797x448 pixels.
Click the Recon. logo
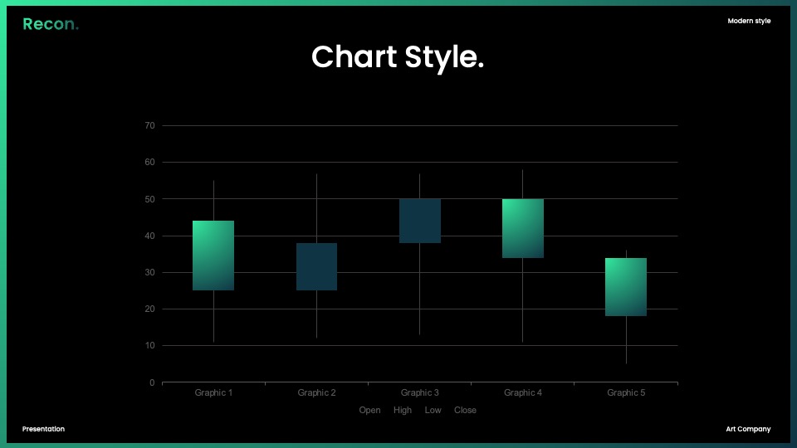51,24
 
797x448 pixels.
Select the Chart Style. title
398,57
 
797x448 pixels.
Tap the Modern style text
749,21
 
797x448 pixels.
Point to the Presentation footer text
43,429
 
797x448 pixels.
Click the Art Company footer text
748,429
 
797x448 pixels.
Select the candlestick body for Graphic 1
213,256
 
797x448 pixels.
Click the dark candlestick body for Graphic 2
316,266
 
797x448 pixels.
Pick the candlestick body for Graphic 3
420,221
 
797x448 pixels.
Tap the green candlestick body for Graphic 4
523,229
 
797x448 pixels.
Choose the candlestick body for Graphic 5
626,287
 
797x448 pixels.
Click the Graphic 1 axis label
213,392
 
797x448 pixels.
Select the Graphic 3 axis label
420,392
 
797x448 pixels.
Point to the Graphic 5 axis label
626,392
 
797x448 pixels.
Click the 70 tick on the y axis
149,125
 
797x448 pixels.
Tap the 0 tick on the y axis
152,382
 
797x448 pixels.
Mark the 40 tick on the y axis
149,236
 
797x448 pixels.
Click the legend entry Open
369,411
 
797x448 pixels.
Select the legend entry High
403,411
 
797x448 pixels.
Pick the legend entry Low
433,411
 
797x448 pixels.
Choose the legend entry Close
465,411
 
